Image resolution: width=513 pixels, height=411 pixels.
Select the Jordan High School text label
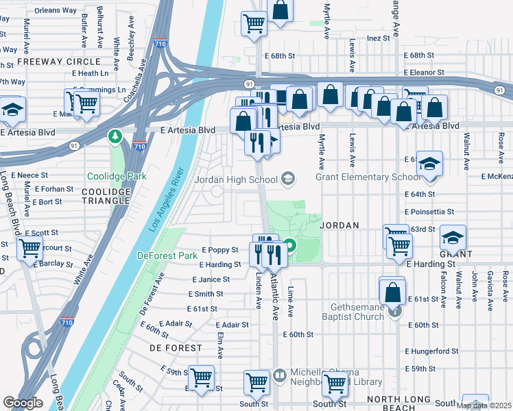(236, 179)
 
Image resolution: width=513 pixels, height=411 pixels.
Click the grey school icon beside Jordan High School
(288, 179)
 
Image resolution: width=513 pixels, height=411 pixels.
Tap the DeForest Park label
(167, 256)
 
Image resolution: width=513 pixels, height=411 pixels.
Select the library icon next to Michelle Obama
(280, 375)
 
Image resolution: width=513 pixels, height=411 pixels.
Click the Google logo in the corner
(23, 403)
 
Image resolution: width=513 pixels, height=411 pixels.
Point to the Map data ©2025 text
(483, 406)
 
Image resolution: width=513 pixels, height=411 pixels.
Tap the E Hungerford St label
(431, 351)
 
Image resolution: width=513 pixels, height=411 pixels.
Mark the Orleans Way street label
(56, 10)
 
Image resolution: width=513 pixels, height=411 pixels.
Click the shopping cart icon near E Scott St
(30, 249)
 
